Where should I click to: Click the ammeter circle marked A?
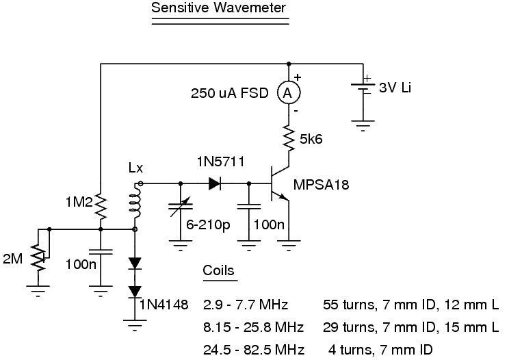point(289,92)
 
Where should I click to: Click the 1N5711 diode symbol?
point(214,183)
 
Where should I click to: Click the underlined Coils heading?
point(218,270)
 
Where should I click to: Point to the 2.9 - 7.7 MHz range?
point(246,303)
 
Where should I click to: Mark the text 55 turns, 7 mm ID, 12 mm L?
point(411,303)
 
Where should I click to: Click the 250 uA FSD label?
point(233,93)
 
